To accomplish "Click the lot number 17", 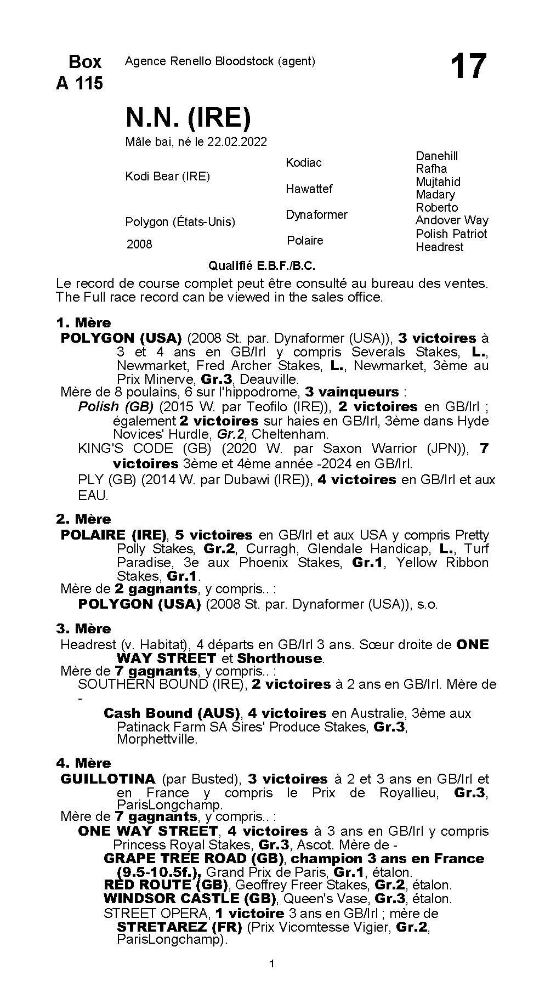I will (468, 66).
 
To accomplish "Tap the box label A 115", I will (80, 83).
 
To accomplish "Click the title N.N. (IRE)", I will (188, 116).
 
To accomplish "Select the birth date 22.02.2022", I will (237, 141).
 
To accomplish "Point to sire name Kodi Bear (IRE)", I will (167, 176).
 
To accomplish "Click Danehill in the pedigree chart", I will (436, 156).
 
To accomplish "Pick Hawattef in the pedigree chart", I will (309, 189).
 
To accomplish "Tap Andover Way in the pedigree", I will (452, 220).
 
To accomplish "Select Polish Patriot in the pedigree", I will (451, 234).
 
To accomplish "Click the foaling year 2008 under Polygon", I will (139, 244).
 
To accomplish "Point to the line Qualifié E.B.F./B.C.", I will (262, 266).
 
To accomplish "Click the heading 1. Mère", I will (83, 322).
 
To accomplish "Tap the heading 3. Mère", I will (83, 628).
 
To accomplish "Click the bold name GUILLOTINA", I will (108, 779).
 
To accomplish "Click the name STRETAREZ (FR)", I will (179, 927).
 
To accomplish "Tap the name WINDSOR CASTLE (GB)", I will (189, 898).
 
